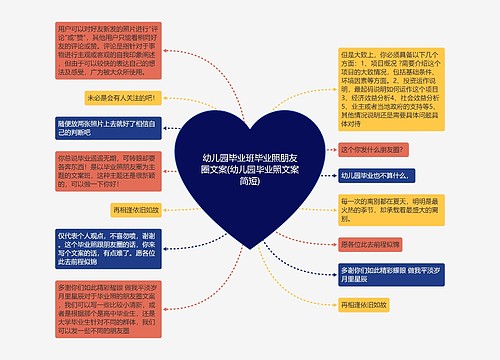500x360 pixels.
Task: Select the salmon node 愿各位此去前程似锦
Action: point(370,244)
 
